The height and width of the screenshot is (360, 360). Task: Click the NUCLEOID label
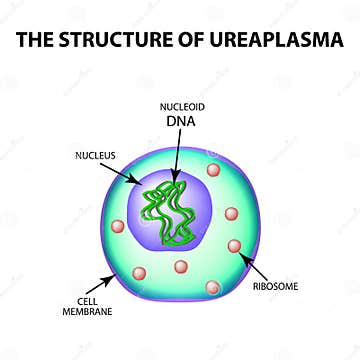181,105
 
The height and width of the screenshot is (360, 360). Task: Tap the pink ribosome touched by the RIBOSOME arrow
235,246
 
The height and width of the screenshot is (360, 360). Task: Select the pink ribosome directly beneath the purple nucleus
181,266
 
